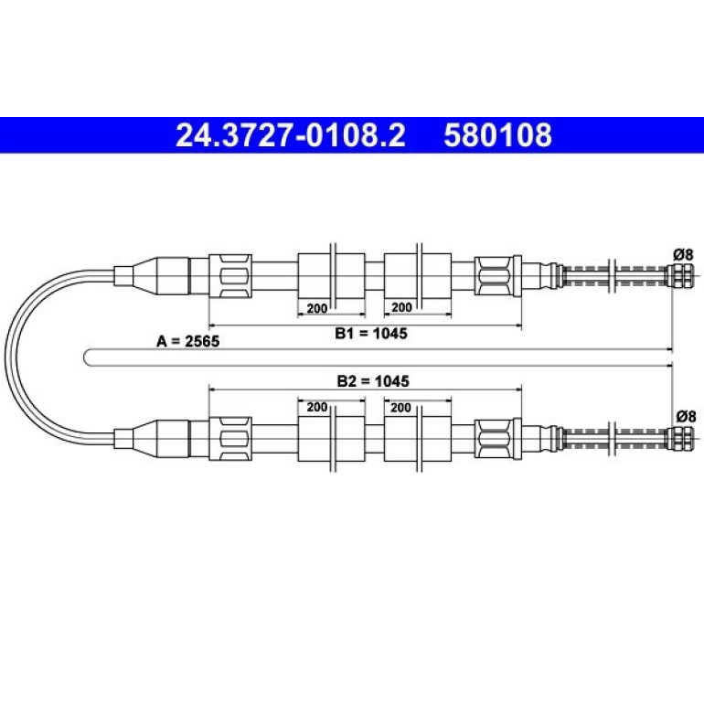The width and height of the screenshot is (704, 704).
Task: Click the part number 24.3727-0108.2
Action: [291, 135]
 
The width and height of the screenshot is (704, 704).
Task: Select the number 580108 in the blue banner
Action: [498, 135]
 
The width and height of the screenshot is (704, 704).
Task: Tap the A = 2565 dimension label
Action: [187, 342]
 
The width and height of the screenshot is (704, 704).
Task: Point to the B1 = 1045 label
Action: [371, 333]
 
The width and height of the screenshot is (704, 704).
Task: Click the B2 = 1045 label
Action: [373, 381]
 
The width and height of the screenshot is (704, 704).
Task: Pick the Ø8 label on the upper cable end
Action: [683, 254]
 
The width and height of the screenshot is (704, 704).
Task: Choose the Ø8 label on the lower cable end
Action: [686, 417]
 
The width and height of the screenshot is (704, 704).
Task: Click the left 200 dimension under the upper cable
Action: [317, 308]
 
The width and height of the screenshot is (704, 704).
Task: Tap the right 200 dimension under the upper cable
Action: [401, 307]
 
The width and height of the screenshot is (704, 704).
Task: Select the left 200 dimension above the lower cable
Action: [317, 407]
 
